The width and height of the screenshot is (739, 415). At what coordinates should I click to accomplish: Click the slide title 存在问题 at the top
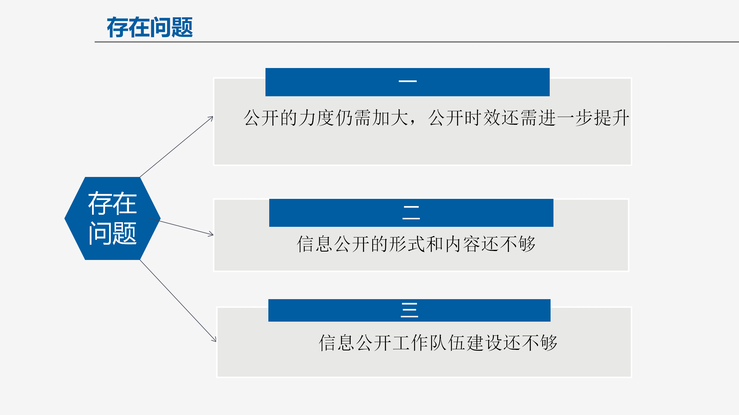pyautogui.click(x=150, y=27)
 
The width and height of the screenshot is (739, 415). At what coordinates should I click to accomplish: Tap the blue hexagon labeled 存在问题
pyautogui.click(x=113, y=218)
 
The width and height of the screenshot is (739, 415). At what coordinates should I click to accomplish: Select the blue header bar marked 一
pyautogui.click(x=407, y=82)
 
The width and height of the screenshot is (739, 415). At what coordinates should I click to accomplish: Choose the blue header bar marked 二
pyautogui.click(x=411, y=213)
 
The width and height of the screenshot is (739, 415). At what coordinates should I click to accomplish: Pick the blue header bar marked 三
pyautogui.click(x=409, y=310)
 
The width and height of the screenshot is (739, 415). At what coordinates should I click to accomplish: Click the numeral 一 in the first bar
pyautogui.click(x=407, y=81)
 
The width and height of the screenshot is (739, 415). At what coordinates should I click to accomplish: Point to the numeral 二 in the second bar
pyautogui.click(x=411, y=213)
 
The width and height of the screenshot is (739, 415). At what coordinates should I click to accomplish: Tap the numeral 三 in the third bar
pyautogui.click(x=409, y=310)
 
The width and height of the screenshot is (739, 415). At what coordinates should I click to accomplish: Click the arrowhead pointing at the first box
pyautogui.click(x=211, y=118)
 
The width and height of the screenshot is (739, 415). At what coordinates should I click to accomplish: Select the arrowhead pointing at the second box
pyautogui.click(x=211, y=234)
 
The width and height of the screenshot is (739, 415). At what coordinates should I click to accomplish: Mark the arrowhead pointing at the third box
pyautogui.click(x=214, y=339)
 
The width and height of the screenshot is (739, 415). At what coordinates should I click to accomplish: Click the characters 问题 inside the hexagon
pyautogui.click(x=113, y=233)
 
